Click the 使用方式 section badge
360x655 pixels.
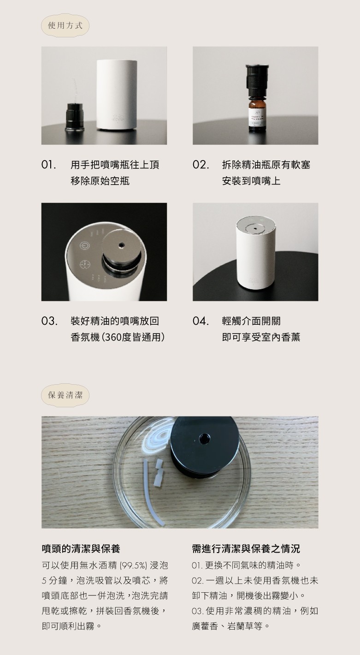tap(65, 25)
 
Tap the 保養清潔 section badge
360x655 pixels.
tap(65, 395)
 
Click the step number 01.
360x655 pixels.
tap(48, 165)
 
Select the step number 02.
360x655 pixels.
tap(201, 165)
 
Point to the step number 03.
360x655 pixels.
tap(49, 321)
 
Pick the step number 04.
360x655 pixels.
tap(201, 321)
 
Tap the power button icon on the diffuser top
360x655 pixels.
tap(85, 246)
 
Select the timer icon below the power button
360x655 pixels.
tap(85, 264)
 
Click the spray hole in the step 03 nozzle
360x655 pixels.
tap(121, 244)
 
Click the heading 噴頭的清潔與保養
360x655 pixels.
tap(81, 549)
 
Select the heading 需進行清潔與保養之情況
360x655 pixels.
tap(246, 549)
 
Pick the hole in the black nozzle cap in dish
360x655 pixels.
tap(204, 439)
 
